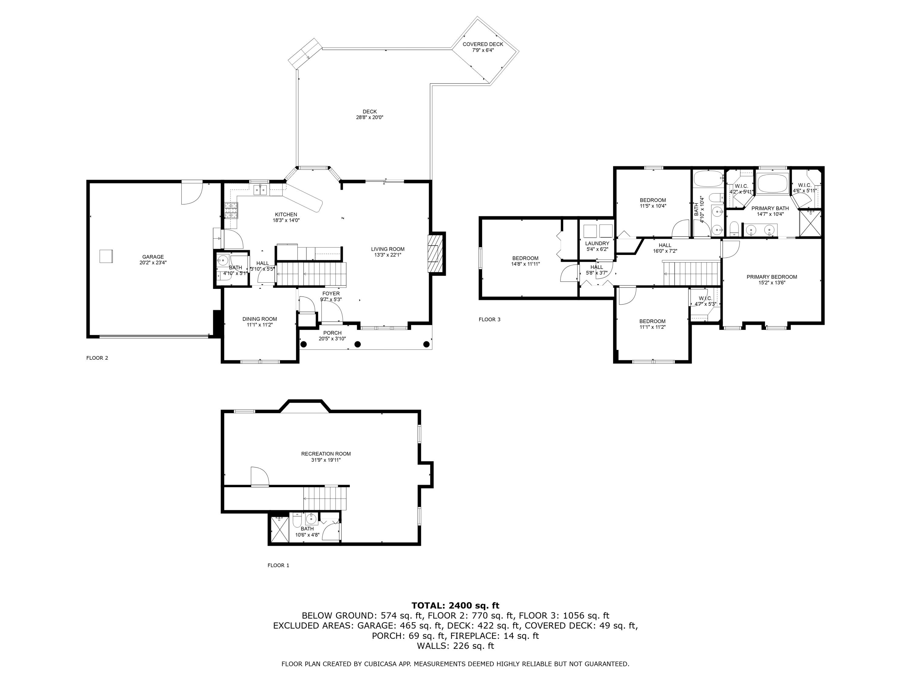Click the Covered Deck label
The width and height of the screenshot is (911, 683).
tap(483, 44)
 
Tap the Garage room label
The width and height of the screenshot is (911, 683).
tap(153, 257)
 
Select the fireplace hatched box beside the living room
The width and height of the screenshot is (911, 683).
tap(435, 253)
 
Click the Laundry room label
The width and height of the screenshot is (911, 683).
tap(597, 244)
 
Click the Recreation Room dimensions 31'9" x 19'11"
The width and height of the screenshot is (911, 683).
tap(326, 460)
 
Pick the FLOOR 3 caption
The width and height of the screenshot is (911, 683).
tap(489, 319)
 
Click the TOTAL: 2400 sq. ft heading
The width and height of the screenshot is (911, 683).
tap(455, 606)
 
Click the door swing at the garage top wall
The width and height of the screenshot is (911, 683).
tap(192, 193)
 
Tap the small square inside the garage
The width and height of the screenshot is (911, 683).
tap(106, 256)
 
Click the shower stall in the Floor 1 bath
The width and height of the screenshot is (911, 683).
tap(279, 529)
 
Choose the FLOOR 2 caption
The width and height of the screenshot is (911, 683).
tap(97, 358)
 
